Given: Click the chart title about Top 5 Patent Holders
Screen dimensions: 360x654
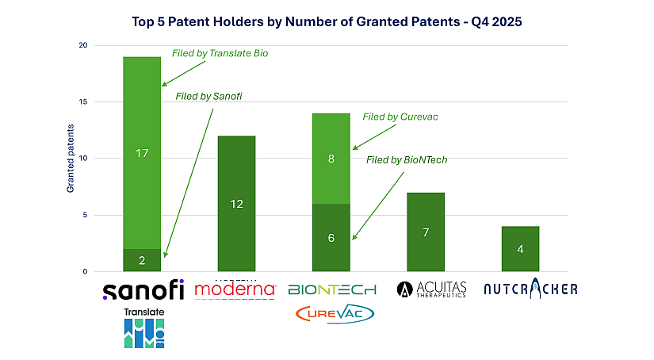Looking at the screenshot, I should coord(327,22).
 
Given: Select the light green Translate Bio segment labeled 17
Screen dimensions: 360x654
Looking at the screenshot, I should coord(142,152).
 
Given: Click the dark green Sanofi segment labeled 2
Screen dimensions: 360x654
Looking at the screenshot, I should coord(142,260).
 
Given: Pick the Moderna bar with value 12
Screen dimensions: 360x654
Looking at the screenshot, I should coord(236,204).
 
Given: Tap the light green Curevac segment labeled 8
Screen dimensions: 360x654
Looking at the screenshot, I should coord(331,159).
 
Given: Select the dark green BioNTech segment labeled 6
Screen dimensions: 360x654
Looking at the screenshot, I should coord(331,238).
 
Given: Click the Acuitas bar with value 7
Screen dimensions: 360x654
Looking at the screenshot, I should coord(425,232).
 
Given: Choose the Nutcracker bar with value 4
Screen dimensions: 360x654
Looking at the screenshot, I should coord(520,249).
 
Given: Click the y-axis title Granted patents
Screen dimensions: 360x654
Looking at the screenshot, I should coord(70,159).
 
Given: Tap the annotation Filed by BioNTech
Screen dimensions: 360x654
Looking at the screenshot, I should coord(407,159).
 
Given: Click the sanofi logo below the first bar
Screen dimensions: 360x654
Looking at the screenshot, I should coord(143,290).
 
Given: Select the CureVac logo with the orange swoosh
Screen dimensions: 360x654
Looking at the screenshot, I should coord(334,314).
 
